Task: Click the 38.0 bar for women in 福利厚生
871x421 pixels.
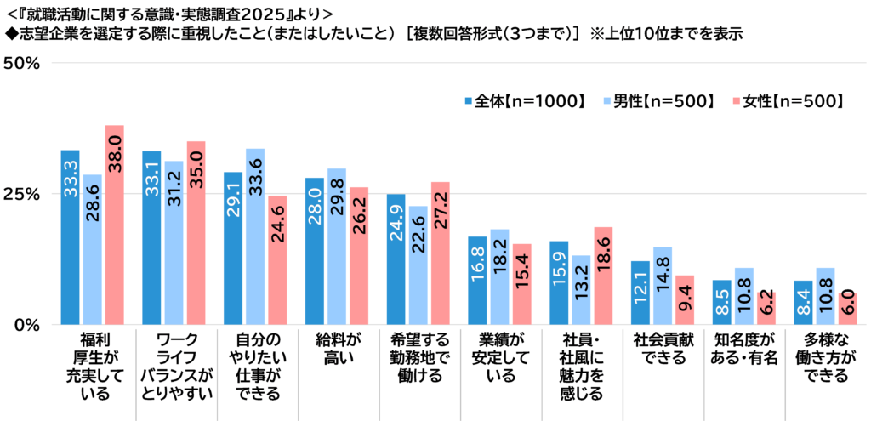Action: pyautogui.click(x=115, y=225)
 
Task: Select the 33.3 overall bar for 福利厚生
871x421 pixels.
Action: pyautogui.click(x=70, y=237)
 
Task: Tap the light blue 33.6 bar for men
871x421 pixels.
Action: pyautogui.click(x=255, y=236)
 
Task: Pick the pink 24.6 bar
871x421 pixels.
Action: pyautogui.click(x=278, y=260)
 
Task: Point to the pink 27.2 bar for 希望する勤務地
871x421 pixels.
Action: pyautogui.click(x=441, y=253)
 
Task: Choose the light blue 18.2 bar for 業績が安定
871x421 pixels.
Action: pyautogui.click(x=499, y=276)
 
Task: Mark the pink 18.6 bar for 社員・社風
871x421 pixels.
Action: pyautogui.click(x=603, y=276)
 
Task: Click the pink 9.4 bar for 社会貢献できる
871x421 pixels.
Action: pyautogui.click(x=685, y=299)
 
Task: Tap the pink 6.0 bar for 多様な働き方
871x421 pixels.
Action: pyautogui.click(x=848, y=309)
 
